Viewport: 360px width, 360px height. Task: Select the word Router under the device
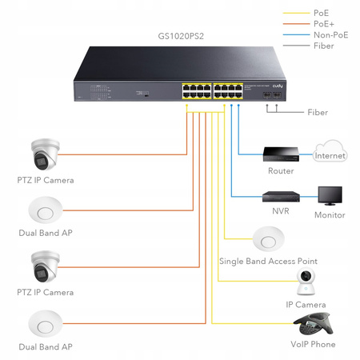(280, 170)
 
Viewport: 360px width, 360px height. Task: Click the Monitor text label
(330, 214)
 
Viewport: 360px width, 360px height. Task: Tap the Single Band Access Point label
(268, 261)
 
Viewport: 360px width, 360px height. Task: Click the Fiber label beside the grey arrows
(318, 112)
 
